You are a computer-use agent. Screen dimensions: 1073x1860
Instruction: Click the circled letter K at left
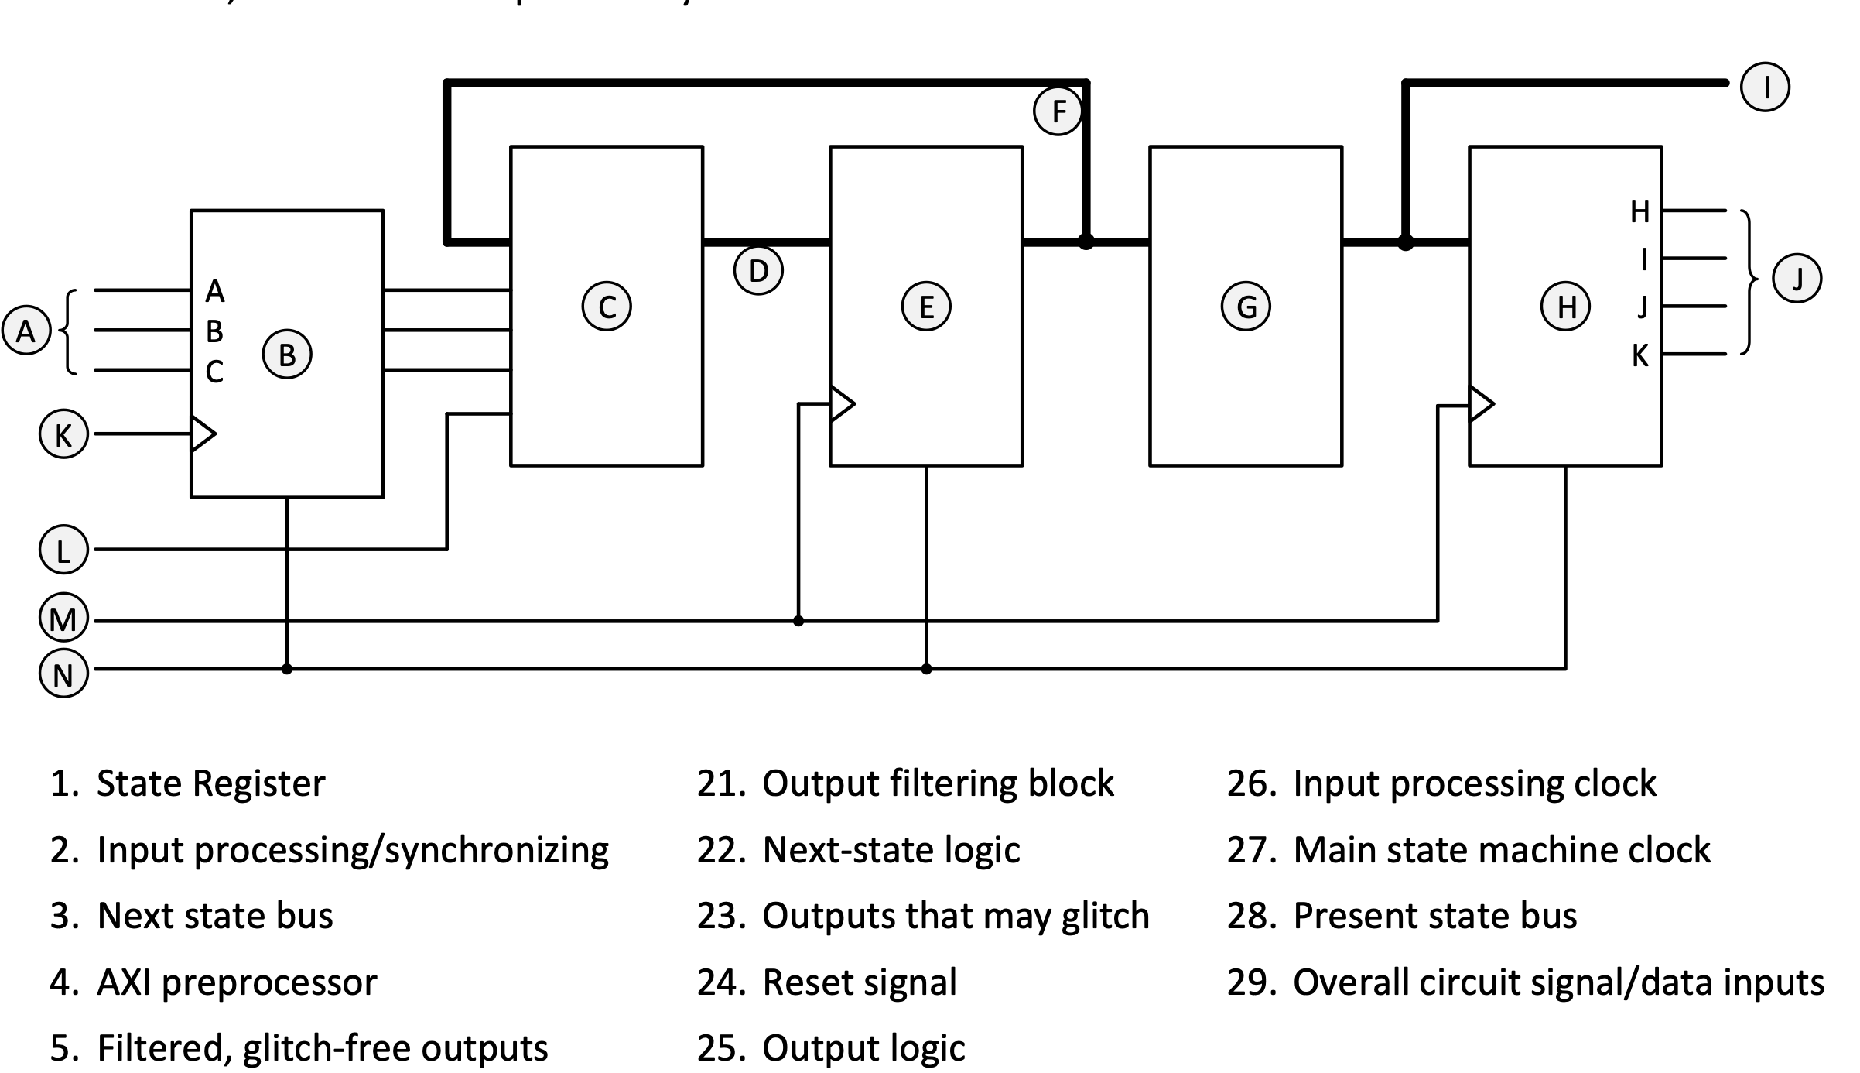tap(63, 434)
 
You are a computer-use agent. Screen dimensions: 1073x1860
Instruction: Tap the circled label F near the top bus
tap(1058, 111)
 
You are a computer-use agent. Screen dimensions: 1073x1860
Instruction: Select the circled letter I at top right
tap(1765, 87)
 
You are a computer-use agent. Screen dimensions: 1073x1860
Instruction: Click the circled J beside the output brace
tap(1797, 278)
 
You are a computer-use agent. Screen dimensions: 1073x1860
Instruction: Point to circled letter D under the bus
tap(758, 271)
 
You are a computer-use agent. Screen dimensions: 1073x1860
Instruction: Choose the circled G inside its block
tap(1246, 307)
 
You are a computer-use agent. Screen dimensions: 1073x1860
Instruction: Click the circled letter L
tap(63, 550)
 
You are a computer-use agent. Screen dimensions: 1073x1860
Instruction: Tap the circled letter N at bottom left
tap(63, 674)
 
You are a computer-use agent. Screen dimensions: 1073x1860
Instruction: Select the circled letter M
tap(63, 619)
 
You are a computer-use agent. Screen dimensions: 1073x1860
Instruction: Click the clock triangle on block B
tap(202, 434)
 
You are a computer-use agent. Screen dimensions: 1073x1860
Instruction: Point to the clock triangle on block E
tap(842, 403)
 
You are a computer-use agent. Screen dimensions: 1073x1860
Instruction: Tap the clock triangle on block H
tap(1481, 403)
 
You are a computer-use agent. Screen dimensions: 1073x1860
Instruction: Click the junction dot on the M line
tap(798, 621)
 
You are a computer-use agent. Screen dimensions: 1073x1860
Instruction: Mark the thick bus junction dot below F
tap(1086, 242)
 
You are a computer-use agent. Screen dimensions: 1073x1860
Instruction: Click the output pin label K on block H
tap(1639, 355)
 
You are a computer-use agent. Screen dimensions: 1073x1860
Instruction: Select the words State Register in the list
tap(210, 783)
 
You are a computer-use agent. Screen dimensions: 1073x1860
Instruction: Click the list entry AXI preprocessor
tap(237, 982)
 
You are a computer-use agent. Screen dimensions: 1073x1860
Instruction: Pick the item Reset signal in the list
tap(860, 982)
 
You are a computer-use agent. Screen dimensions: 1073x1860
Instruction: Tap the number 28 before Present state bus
tap(1250, 915)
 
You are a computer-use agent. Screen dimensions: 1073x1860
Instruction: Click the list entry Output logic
tap(863, 1047)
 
